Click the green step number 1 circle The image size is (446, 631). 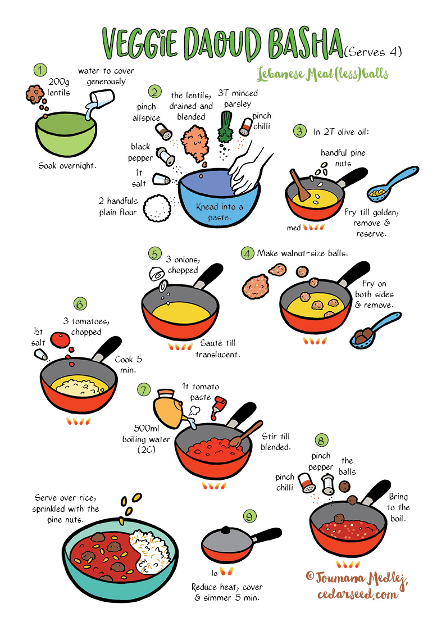pyautogui.click(x=40, y=70)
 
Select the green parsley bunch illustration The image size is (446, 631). pyautogui.click(x=225, y=126)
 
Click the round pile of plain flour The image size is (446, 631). pyautogui.click(x=157, y=208)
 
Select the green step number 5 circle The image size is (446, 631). pyautogui.click(x=154, y=254)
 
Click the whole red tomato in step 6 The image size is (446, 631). pyautogui.click(x=60, y=340)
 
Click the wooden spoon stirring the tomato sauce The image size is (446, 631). pyautogui.click(x=245, y=434)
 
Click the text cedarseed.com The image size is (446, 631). pyautogui.click(x=357, y=594)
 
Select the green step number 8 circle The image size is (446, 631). pyautogui.click(x=321, y=441)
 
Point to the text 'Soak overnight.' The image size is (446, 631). pyautogui.click(x=67, y=165)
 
